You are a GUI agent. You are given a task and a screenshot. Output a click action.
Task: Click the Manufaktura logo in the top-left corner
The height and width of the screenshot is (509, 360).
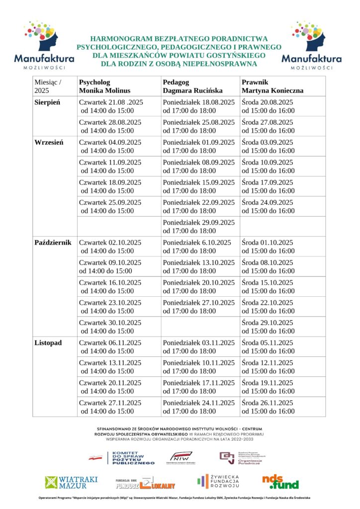(44, 45)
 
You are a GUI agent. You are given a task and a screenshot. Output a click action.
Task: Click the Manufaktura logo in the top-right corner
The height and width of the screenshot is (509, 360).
(311, 45)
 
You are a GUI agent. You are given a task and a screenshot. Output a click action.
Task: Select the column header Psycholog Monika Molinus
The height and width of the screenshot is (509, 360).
(104, 86)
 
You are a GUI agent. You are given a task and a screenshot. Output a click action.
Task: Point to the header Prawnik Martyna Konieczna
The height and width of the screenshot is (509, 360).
(272, 86)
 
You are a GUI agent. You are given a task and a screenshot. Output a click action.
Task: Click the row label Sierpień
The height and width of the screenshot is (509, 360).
(47, 102)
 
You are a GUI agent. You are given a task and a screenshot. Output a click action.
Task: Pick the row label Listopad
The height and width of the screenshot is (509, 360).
(48, 343)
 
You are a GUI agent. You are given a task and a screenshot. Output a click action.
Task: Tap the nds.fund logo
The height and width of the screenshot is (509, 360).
(280, 481)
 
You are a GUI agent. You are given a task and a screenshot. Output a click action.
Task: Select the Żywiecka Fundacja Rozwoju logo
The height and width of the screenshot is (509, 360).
(218, 481)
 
